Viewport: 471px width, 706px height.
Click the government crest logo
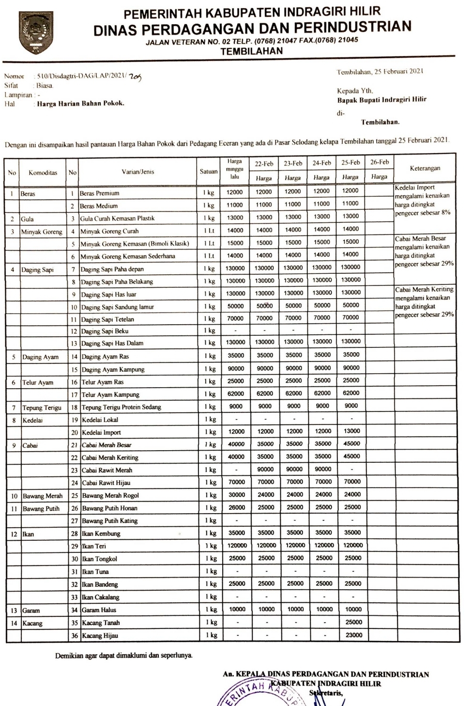pos(35,33)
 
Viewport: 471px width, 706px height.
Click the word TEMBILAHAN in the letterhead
pos(251,51)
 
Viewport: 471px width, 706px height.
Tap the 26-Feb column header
pos(379,162)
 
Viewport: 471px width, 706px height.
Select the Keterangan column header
pos(425,169)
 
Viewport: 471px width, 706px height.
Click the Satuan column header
pos(209,172)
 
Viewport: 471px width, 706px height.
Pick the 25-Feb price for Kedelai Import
pos(352,431)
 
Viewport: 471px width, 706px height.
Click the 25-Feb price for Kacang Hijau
pos(353,635)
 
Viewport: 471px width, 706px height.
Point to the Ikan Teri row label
pos(94,546)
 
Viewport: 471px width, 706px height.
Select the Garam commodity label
pos(31,611)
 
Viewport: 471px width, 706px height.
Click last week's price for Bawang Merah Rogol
pos(237,495)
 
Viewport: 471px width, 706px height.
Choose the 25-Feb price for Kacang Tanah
pos(353,622)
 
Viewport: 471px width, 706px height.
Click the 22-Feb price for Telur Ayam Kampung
pos(265,393)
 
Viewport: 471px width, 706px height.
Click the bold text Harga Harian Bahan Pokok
pos(80,104)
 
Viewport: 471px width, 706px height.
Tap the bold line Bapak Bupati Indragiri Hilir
pos(382,100)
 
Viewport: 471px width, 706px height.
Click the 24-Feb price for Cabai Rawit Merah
pos(323,469)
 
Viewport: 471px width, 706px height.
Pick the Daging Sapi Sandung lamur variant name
pos(118,307)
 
